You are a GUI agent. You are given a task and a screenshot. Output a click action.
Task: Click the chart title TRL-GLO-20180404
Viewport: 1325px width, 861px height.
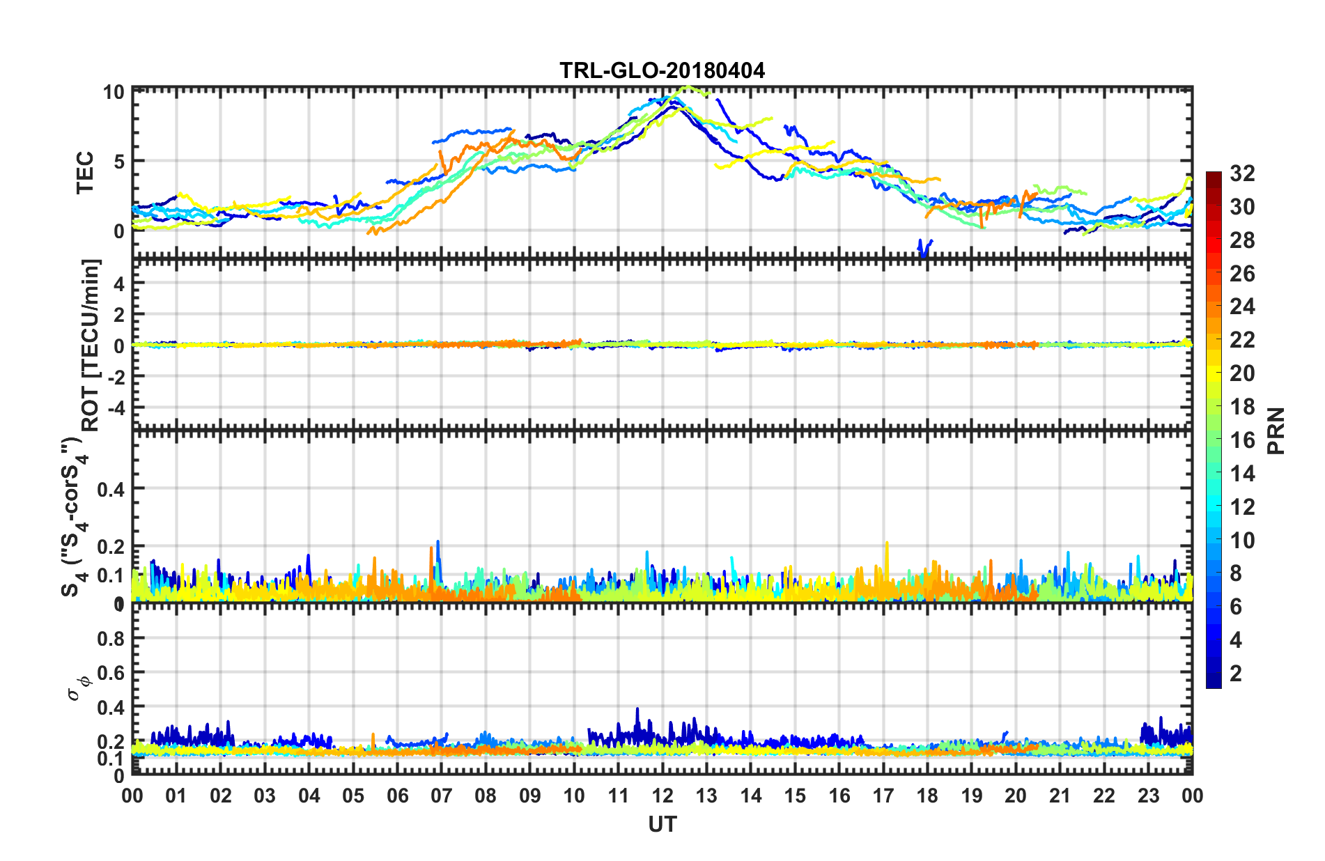point(662,71)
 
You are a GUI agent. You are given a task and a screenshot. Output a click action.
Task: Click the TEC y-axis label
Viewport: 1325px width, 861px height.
point(84,173)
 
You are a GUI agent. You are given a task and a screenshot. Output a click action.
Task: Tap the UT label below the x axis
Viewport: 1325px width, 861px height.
point(662,825)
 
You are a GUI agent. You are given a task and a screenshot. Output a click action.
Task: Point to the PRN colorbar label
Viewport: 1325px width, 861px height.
point(1276,431)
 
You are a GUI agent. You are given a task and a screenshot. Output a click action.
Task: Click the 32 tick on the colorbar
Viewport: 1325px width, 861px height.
point(1242,173)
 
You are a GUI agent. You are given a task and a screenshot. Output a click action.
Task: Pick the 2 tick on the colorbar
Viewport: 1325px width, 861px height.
point(1236,674)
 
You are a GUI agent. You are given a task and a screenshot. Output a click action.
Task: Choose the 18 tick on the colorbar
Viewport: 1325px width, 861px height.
point(1242,407)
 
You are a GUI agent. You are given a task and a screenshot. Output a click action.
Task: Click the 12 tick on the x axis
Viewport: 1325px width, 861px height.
point(662,796)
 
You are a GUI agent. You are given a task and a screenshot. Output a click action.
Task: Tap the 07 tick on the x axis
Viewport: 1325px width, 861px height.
point(442,796)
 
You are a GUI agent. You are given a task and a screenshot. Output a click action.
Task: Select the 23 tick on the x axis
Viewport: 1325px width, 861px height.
point(1148,796)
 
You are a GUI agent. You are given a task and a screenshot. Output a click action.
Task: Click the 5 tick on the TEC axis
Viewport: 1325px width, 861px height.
point(119,162)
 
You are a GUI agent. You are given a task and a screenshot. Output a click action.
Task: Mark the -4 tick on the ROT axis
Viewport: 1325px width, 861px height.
point(114,407)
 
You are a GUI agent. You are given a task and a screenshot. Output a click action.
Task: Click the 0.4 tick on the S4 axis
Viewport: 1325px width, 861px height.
point(111,489)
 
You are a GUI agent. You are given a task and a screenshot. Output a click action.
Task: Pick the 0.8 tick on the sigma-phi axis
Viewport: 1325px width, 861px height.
point(111,639)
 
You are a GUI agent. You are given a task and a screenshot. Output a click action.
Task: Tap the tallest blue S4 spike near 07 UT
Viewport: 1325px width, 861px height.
point(438,543)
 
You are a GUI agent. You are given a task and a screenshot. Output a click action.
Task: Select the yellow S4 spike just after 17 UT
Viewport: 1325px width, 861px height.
point(887,544)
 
